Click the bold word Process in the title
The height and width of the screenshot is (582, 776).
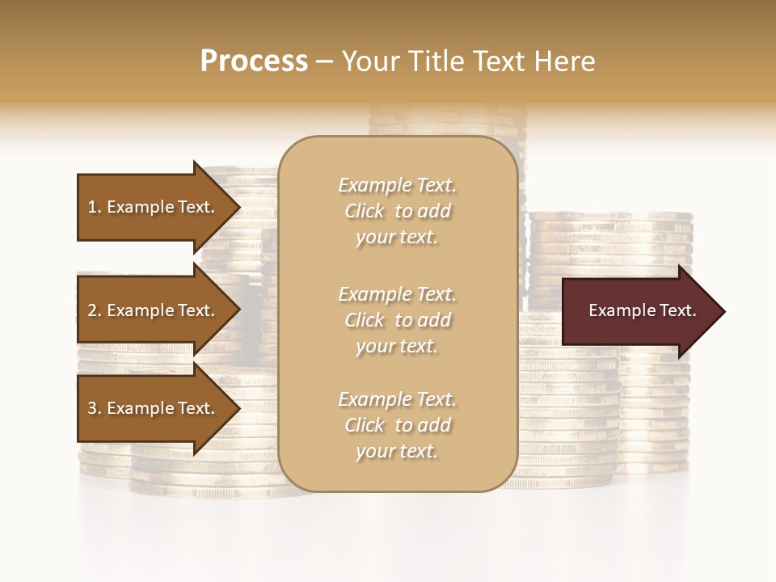[x=254, y=61]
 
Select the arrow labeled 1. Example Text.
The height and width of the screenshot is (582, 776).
[x=151, y=207]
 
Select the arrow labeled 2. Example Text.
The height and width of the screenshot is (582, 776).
[x=151, y=310]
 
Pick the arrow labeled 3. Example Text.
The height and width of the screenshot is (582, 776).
[x=151, y=408]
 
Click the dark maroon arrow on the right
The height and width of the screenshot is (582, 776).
[x=639, y=311]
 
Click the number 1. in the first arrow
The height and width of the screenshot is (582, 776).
[x=95, y=207]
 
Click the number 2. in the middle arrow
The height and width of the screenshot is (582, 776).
[x=95, y=310]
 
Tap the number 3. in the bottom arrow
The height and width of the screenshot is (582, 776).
[x=95, y=408]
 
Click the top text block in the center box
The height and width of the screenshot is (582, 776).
[x=397, y=211]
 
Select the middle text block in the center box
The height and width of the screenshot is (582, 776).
[x=397, y=320]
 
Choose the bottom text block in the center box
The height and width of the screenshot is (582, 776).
[x=397, y=425]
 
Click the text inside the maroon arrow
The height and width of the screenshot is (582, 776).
[x=642, y=310]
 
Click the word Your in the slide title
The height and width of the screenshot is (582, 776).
[x=369, y=61]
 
